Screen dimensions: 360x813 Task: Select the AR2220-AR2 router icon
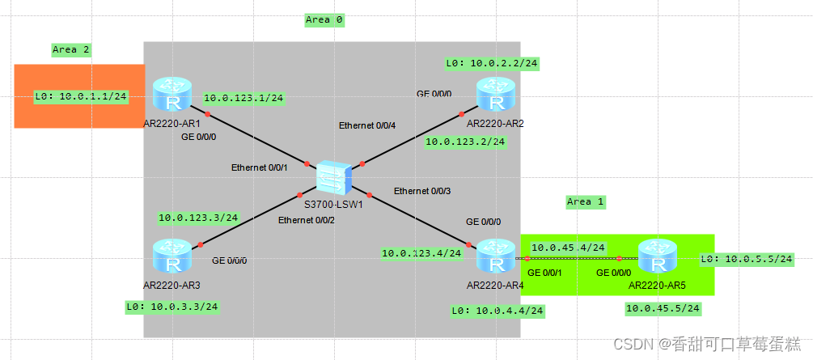[495, 94]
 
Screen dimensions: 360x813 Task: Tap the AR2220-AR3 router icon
[172, 256]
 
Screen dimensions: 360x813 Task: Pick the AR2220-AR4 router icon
[495, 256]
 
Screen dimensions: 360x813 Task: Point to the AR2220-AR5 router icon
[657, 256]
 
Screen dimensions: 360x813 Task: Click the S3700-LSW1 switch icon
[333, 177]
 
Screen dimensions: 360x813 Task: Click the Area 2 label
[71, 49]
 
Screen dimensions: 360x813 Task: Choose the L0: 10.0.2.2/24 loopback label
[493, 62]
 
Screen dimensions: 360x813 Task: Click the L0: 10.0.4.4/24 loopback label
[498, 310]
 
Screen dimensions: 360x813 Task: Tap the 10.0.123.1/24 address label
[243, 99]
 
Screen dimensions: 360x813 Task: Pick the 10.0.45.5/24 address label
[663, 308]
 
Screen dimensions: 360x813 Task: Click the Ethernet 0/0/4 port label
[368, 127]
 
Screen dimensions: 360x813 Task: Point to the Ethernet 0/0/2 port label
[307, 220]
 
